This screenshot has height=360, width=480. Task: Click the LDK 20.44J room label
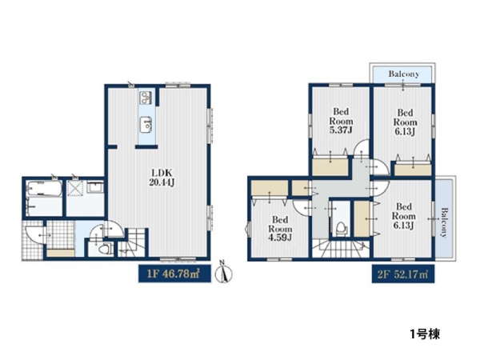(162, 178)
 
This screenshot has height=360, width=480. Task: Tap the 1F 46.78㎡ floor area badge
(174, 274)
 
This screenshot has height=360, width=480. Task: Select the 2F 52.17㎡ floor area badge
(403, 274)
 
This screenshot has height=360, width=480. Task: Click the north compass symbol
(223, 272)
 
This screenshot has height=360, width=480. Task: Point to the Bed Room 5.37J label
(341, 121)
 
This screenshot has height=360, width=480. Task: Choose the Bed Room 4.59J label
(280, 229)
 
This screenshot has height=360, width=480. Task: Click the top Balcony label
(404, 74)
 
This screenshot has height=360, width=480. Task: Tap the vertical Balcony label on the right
(444, 222)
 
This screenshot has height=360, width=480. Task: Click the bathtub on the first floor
(44, 188)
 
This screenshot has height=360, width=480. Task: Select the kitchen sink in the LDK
(146, 125)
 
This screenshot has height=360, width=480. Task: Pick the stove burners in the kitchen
(146, 98)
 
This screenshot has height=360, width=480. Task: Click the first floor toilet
(105, 249)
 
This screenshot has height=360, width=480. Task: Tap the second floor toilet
(341, 228)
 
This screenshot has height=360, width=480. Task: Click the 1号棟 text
(426, 334)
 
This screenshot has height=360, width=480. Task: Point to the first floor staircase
(133, 244)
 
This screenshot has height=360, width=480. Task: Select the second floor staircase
(342, 249)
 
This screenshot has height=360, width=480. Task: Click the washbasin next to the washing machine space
(95, 186)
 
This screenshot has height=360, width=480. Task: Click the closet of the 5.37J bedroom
(330, 166)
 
